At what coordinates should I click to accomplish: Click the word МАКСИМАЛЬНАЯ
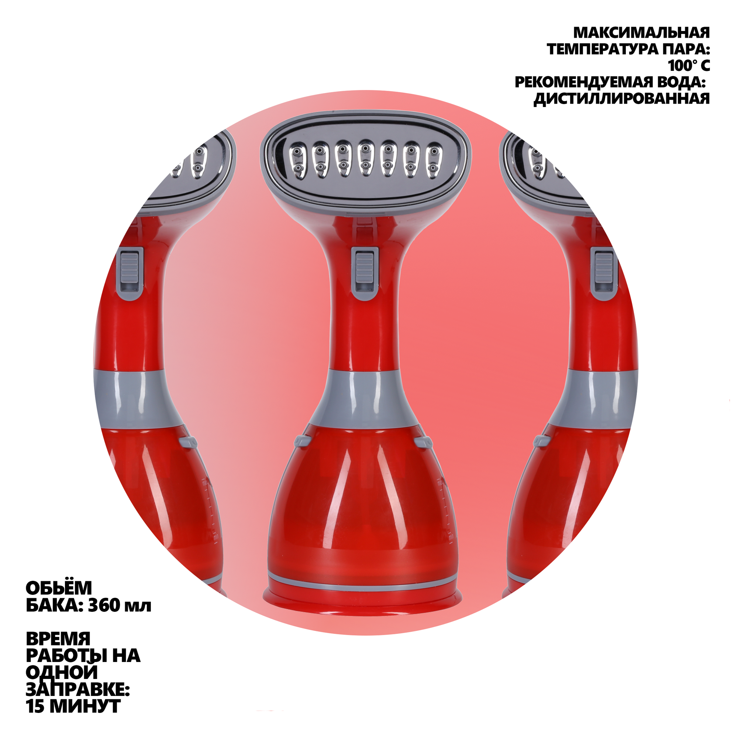[x=641, y=33]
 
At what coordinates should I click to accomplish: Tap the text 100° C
[x=689, y=66]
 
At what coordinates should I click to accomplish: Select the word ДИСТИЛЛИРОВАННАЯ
[x=621, y=99]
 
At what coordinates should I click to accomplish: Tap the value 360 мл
[x=120, y=606]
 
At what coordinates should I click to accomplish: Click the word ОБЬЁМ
[x=59, y=589]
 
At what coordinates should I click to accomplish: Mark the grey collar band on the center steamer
[x=366, y=397]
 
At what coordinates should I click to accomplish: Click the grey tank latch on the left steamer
[x=188, y=442]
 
